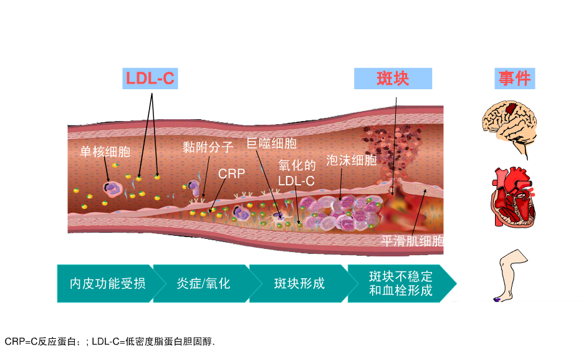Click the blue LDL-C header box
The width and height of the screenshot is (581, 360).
pyautogui.click(x=150, y=78)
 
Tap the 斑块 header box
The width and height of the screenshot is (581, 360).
pyautogui.click(x=393, y=78)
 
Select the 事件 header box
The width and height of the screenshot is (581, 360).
pyautogui.click(x=515, y=78)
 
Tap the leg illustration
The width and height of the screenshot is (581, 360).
pyautogui.click(x=511, y=275)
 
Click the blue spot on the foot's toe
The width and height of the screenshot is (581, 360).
pyautogui.click(x=497, y=299)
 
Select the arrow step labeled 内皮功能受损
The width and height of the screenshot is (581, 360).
pyautogui.click(x=107, y=284)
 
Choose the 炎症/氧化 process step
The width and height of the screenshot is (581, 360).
pyautogui.click(x=203, y=284)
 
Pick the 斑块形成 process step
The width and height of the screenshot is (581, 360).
pyautogui.click(x=299, y=284)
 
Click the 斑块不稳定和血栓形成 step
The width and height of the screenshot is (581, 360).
pyautogui.click(x=401, y=284)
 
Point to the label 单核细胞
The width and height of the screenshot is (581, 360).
pyautogui.click(x=105, y=152)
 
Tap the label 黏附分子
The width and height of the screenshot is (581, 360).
pyautogui.click(x=208, y=147)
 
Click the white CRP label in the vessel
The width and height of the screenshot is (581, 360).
pyautogui.click(x=231, y=173)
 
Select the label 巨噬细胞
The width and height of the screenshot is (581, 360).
pyautogui.click(x=272, y=144)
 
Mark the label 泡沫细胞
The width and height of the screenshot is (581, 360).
pyautogui.click(x=351, y=160)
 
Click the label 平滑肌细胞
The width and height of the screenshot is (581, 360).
pyautogui.click(x=413, y=241)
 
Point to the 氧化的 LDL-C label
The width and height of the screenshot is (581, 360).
pyautogui.click(x=297, y=173)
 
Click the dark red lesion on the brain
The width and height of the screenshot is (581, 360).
pyautogui.click(x=512, y=109)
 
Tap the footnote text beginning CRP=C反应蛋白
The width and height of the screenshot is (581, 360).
pyautogui.click(x=110, y=341)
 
